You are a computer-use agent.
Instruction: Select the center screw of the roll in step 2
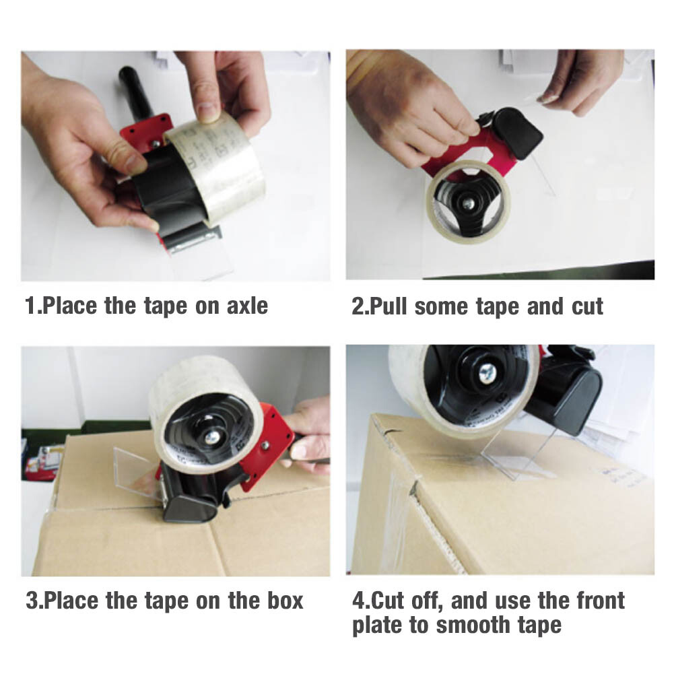(466, 201)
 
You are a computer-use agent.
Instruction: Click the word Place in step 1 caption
(71, 306)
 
